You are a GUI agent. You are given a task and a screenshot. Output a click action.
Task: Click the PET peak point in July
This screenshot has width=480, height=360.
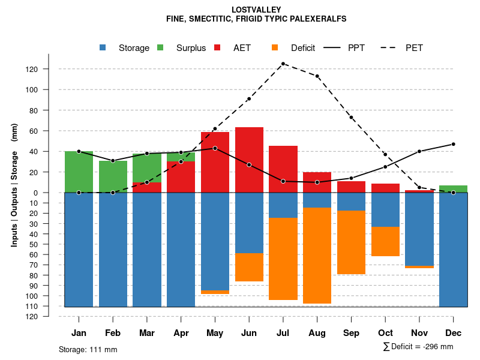[x=283, y=64]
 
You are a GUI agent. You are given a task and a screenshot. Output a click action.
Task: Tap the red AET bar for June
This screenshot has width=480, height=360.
[x=249, y=160]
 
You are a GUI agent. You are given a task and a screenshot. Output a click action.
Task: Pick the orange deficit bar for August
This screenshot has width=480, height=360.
[x=317, y=256]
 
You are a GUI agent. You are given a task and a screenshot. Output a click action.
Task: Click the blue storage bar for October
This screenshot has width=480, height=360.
[x=385, y=209]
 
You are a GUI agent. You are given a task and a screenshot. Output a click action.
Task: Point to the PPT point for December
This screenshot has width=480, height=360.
[x=453, y=144]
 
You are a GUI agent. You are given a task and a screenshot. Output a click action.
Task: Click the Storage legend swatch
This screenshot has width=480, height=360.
[x=103, y=48]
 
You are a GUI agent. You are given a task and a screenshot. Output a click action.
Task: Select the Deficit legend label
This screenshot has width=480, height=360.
[x=302, y=48]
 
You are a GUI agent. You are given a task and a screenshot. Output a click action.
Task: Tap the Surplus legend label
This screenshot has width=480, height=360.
[x=191, y=48]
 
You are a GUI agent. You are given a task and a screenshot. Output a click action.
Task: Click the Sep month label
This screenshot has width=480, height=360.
[x=351, y=333]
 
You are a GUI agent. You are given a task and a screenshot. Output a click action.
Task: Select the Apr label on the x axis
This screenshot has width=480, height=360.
[x=181, y=333]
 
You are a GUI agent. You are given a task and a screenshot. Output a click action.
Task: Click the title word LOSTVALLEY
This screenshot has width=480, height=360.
[x=256, y=10]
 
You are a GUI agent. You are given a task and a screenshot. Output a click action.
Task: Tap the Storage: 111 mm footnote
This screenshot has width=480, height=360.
[x=88, y=349]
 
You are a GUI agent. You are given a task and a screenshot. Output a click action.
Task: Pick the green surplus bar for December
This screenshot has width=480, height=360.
[x=453, y=189]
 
